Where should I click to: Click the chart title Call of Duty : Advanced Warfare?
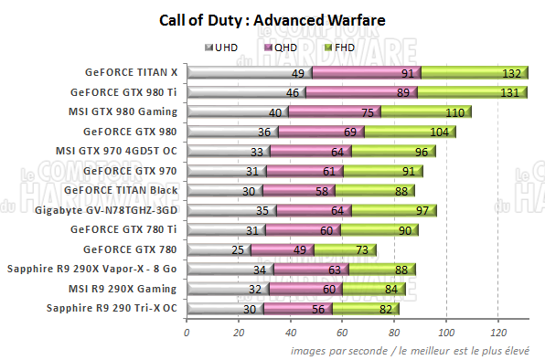(272, 19)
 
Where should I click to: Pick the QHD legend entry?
(283, 47)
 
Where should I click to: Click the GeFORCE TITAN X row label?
(133, 72)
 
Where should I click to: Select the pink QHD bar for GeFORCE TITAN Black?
(298, 190)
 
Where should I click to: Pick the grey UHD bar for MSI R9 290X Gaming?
(228, 289)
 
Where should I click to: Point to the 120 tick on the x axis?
(498, 332)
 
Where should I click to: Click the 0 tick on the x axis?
(187, 332)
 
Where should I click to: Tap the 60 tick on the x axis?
(342, 332)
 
